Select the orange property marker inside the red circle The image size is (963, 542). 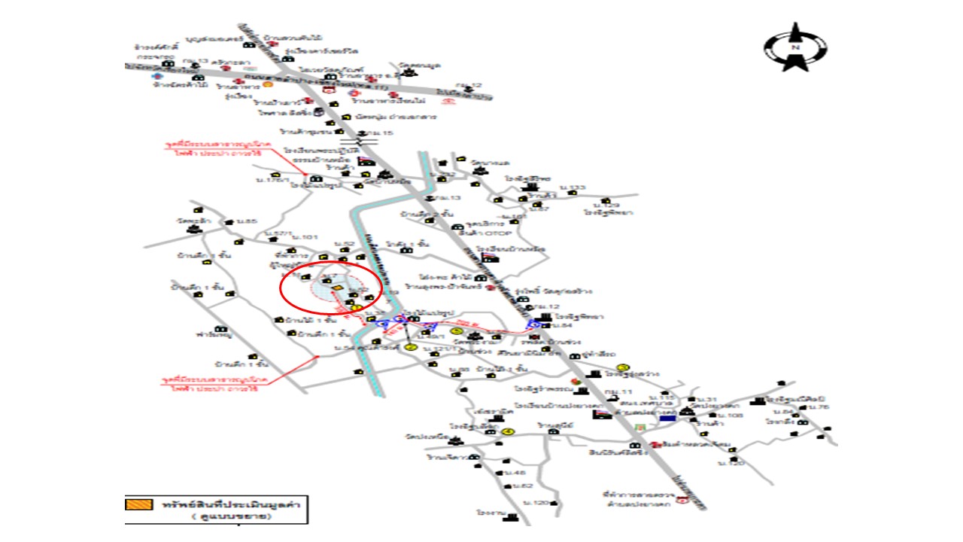click(338, 288)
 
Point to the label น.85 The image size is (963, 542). click(247, 221)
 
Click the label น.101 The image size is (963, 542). click(310, 236)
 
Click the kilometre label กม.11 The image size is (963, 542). click(618, 394)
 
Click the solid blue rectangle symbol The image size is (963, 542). click(667, 417)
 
